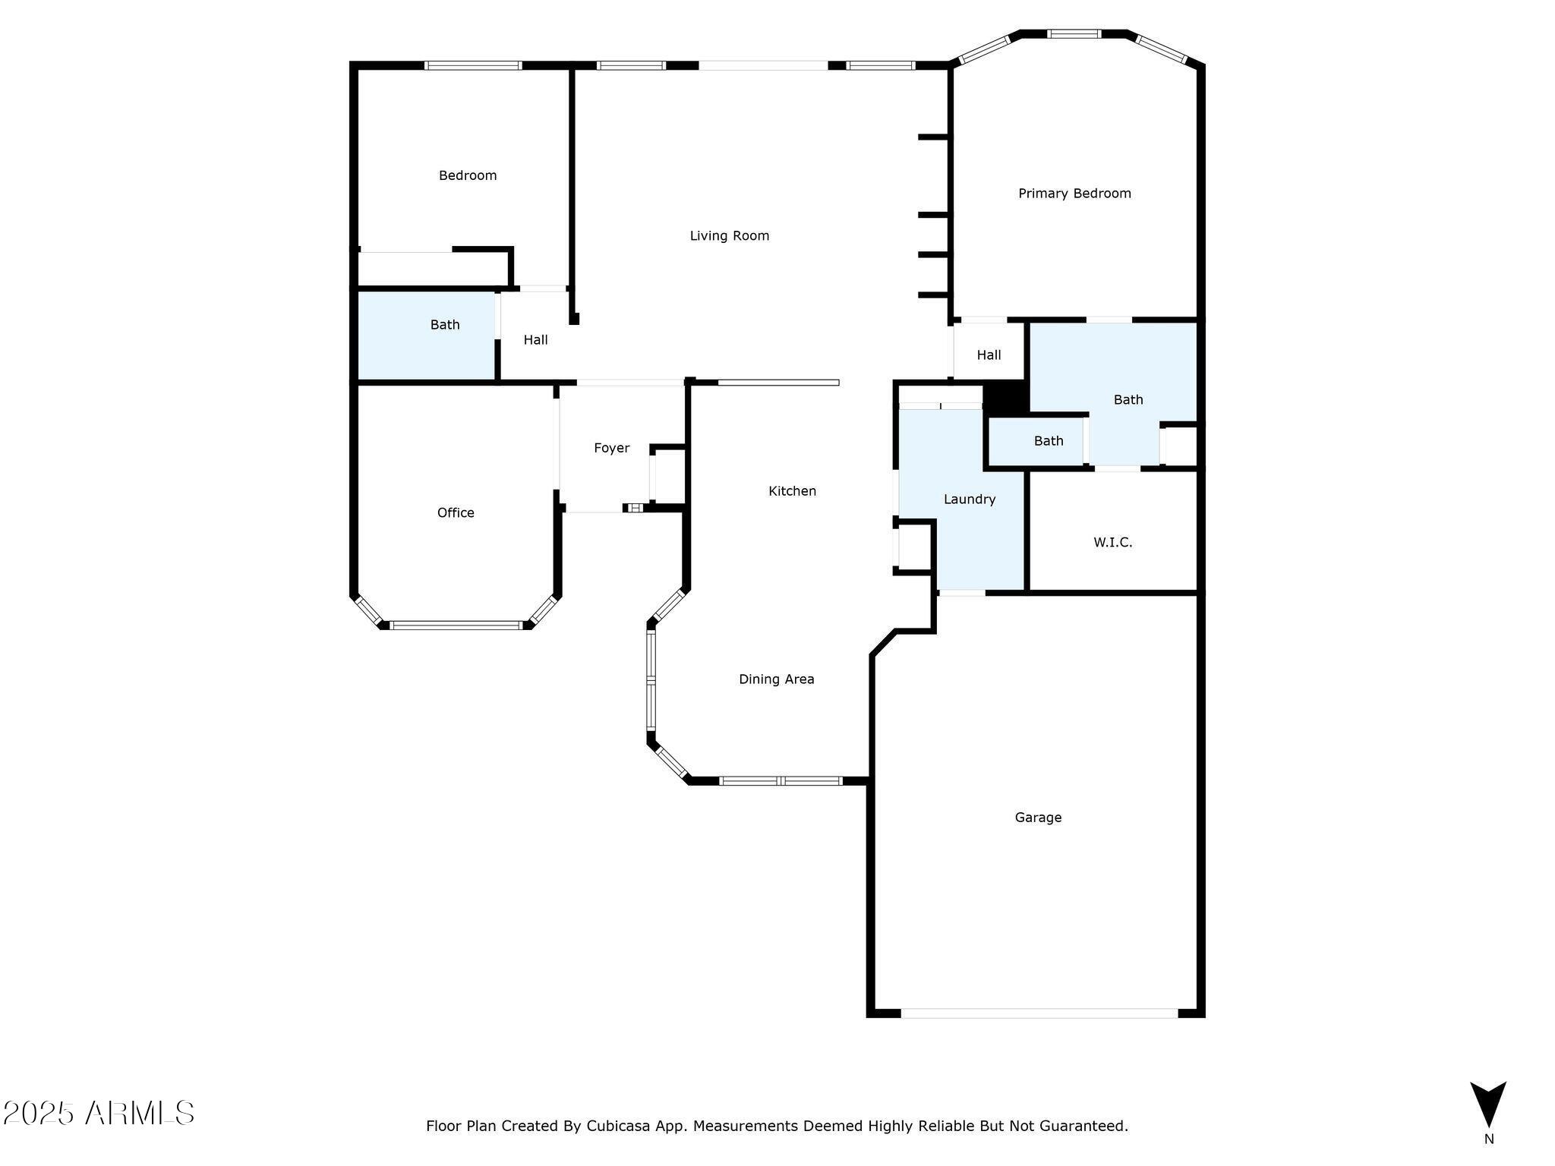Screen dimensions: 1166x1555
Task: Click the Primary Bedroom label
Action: coord(1074,194)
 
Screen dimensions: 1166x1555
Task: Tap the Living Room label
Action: coord(729,236)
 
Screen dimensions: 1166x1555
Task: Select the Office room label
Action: coord(456,513)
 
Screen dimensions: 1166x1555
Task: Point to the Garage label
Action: coord(1038,818)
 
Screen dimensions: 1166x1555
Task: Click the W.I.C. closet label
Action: coord(1112,543)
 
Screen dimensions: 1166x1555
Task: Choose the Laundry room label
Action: coord(969,499)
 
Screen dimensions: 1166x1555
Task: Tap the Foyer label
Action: coord(611,449)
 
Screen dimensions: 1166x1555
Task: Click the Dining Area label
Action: coord(776,679)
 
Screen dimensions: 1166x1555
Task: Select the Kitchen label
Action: coord(792,491)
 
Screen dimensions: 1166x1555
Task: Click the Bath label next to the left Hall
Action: coord(445,325)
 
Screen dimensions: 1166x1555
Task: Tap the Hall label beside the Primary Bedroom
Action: coord(989,355)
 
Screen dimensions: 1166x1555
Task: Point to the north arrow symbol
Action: coord(1487,1104)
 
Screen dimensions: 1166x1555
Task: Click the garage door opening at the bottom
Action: coord(1039,1013)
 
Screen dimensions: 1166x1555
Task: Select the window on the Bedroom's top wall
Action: coord(472,65)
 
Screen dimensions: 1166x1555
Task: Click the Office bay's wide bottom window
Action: coord(456,626)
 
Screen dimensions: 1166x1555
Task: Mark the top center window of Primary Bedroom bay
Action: coord(1074,33)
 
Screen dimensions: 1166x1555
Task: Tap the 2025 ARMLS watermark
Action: coord(99,1114)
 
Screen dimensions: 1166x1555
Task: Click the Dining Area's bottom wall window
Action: coord(781,780)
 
